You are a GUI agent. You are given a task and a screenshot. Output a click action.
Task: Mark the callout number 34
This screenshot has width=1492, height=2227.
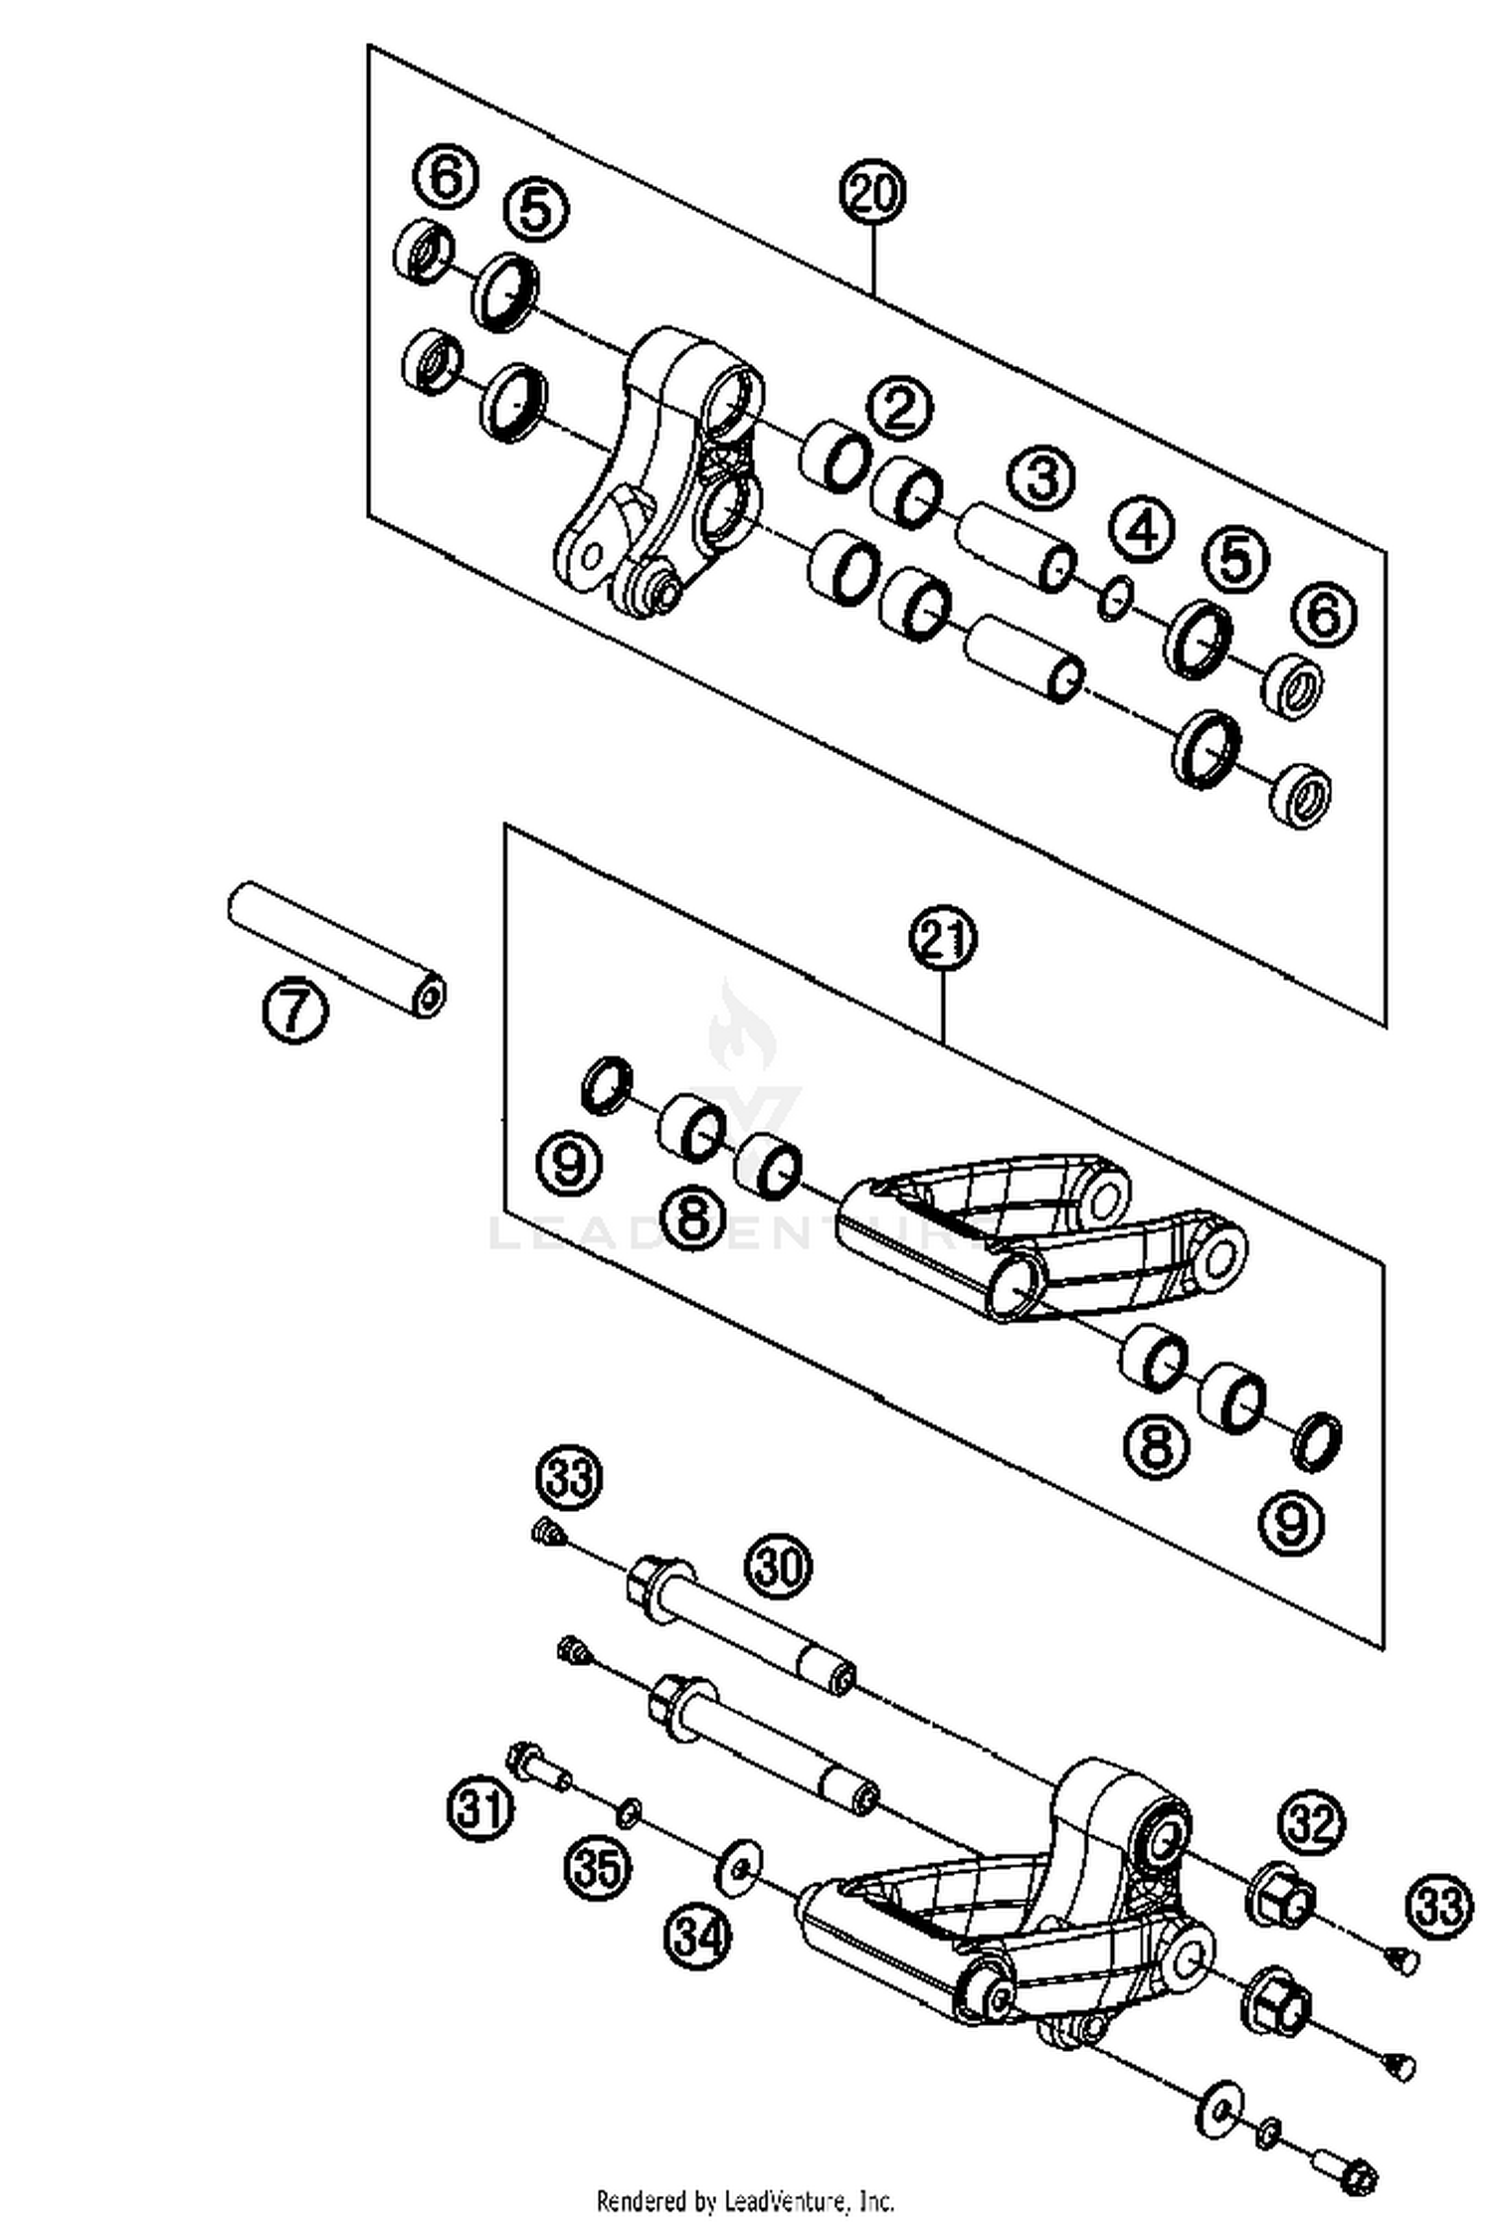(x=698, y=1936)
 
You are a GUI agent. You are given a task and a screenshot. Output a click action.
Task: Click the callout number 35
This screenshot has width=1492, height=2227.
(x=599, y=1866)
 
